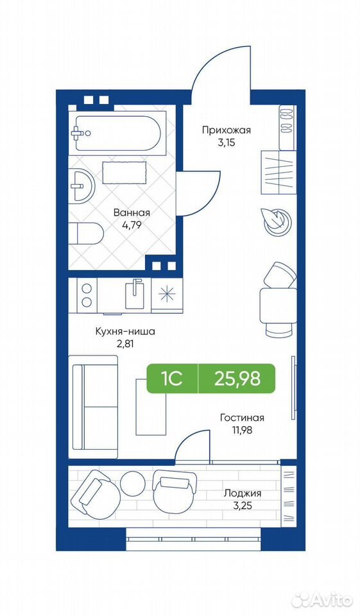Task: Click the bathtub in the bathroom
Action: pos(117,133)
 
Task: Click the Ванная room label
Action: pos(132,213)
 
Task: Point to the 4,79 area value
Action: pos(132,225)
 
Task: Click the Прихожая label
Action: pos(227,130)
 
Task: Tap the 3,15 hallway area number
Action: pos(227,142)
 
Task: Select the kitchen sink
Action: pos(135,294)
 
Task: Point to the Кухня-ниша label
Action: pos(125,332)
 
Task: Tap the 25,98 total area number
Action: pos(237,379)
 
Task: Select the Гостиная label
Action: pos(242,418)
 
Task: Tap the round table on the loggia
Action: pos(133,483)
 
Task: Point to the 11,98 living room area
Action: pos(242,430)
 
